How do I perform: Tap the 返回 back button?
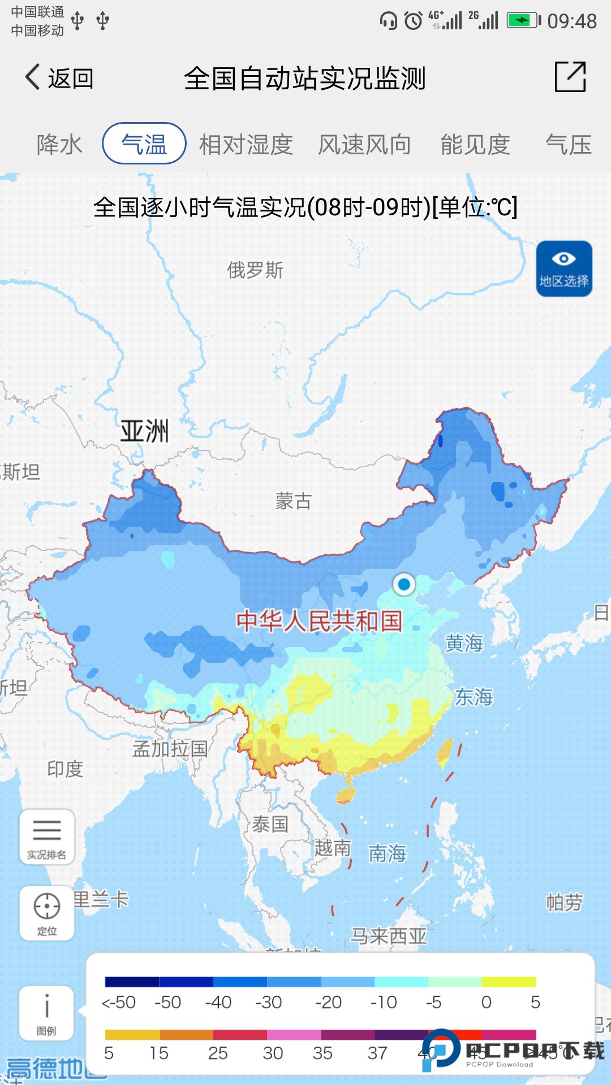pyautogui.click(x=59, y=78)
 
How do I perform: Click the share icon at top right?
pyautogui.click(x=570, y=77)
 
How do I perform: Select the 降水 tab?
pyautogui.click(x=59, y=144)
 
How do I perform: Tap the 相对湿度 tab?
pyautogui.click(x=246, y=144)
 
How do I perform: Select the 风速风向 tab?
pyautogui.click(x=364, y=144)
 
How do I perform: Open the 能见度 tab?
pyautogui.click(x=475, y=144)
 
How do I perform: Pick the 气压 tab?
pyautogui.click(x=568, y=144)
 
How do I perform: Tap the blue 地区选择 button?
pyautogui.click(x=564, y=268)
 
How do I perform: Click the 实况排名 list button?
pyautogui.click(x=47, y=837)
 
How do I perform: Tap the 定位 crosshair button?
pyautogui.click(x=47, y=912)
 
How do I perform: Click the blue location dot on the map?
pyautogui.click(x=404, y=584)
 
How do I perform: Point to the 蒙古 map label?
pyautogui.click(x=293, y=501)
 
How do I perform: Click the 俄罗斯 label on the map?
pyautogui.click(x=255, y=270)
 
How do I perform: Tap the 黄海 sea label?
pyautogui.click(x=464, y=643)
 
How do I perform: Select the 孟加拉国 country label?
pyautogui.click(x=170, y=749)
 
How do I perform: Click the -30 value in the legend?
pyautogui.click(x=269, y=1002)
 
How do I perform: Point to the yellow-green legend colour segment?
pyautogui.click(x=509, y=982)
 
